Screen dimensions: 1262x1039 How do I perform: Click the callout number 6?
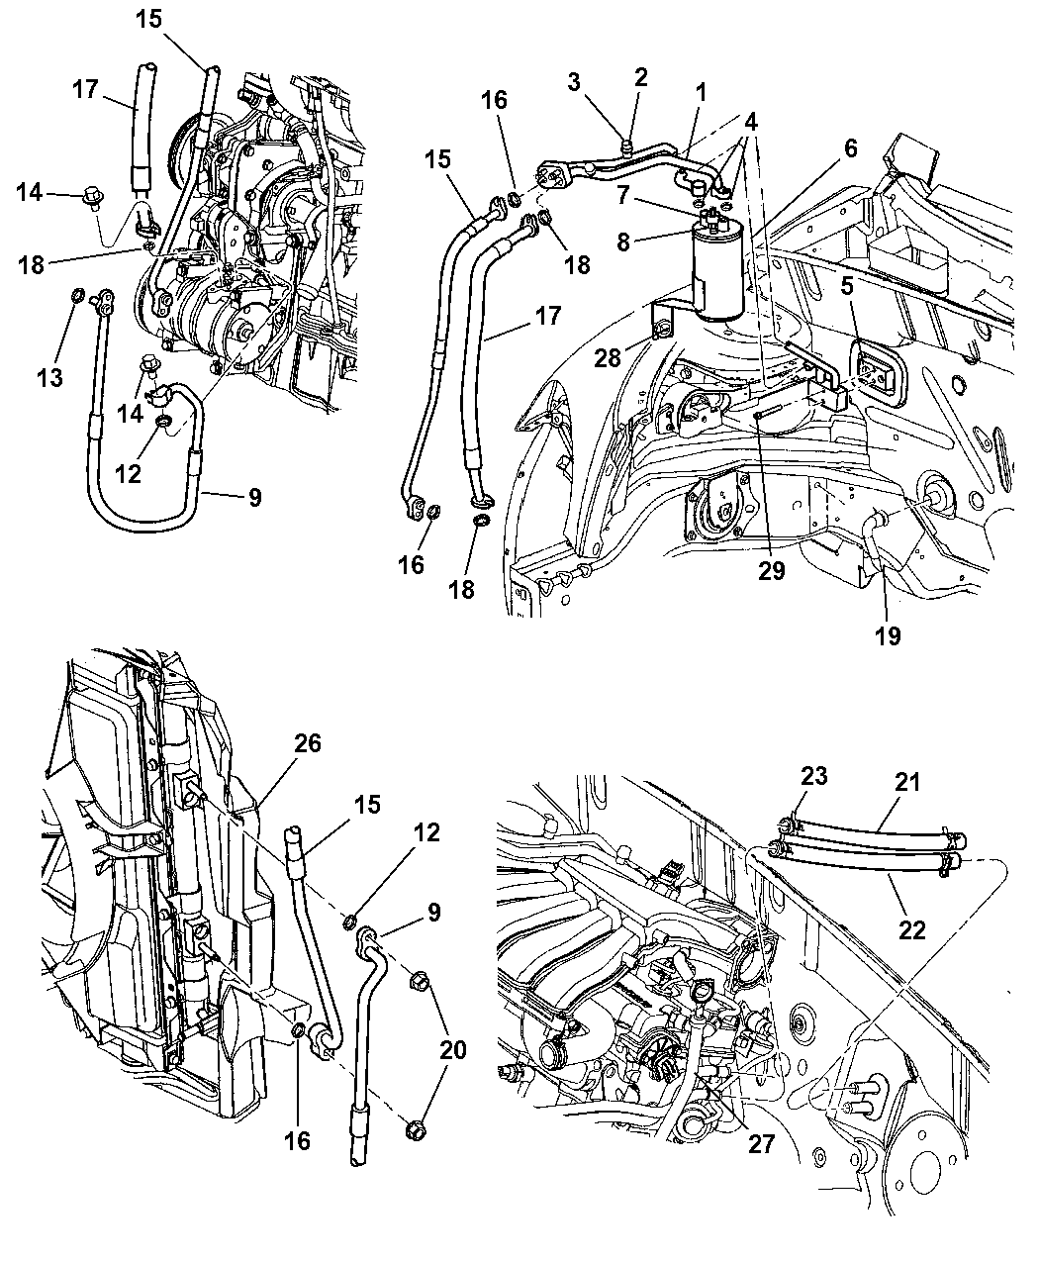[851, 147]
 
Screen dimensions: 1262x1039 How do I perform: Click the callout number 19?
[888, 635]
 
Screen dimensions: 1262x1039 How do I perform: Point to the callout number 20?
[452, 1050]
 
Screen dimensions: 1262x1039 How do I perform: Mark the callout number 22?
[912, 929]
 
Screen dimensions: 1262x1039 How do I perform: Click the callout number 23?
[813, 776]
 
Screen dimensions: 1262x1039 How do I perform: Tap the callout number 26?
[308, 742]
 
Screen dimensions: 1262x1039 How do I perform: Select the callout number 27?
[761, 1143]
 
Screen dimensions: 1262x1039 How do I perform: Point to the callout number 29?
[771, 572]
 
